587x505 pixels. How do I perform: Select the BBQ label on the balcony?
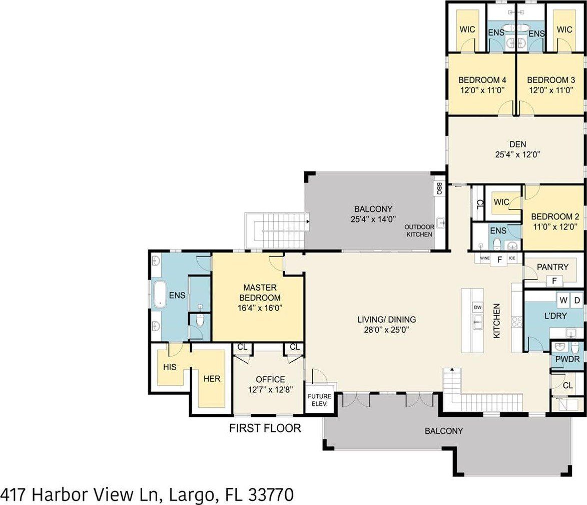(x=439, y=188)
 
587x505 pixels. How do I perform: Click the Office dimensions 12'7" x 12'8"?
(x=270, y=389)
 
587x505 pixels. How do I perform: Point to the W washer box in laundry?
(x=563, y=301)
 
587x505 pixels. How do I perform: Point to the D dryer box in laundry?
(x=576, y=301)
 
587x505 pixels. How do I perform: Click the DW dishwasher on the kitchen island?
(x=477, y=307)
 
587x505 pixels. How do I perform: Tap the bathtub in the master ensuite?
(x=160, y=294)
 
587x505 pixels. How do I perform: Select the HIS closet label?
(x=170, y=367)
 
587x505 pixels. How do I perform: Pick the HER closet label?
(x=212, y=378)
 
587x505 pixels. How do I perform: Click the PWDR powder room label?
(x=567, y=360)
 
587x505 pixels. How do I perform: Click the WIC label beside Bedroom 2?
(x=501, y=202)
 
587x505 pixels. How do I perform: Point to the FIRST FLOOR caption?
(x=265, y=428)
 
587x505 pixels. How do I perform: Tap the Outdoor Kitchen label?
(x=419, y=230)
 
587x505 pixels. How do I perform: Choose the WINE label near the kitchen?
(x=484, y=258)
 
